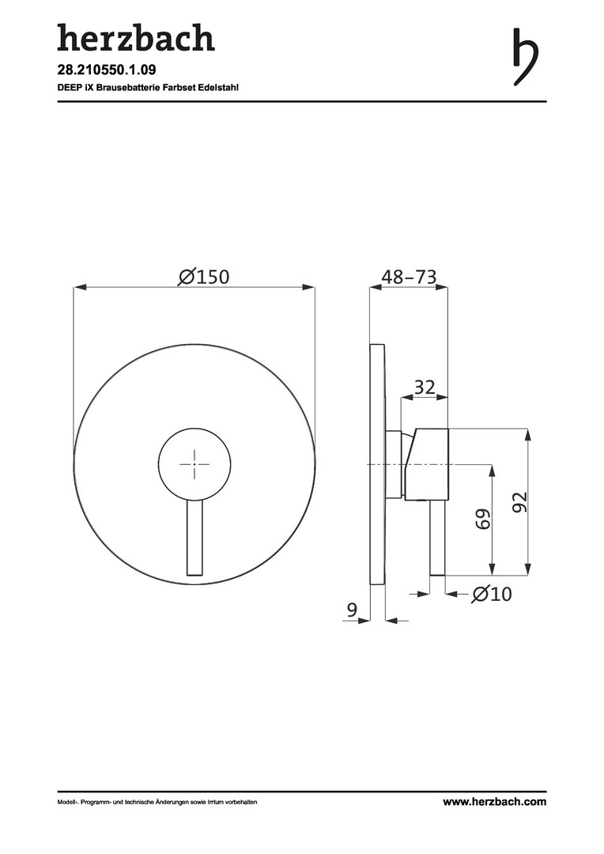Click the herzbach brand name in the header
(136, 37)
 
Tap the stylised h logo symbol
(526, 57)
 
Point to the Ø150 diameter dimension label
(204, 277)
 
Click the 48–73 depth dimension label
(409, 277)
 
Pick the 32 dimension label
(425, 387)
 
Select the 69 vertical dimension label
(482, 519)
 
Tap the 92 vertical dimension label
(520, 501)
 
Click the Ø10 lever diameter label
(492, 594)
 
